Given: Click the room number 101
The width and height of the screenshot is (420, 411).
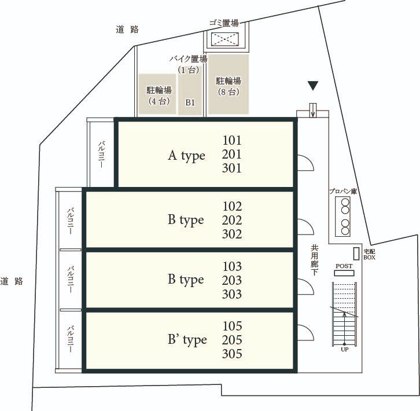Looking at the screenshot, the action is (232, 140).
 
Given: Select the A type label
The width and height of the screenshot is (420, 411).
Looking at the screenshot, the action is (186, 156).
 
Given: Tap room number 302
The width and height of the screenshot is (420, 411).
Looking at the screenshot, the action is (232, 234).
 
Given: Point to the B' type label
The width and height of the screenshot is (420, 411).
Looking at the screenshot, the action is (187, 340).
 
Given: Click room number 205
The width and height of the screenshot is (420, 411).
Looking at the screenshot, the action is (232, 340).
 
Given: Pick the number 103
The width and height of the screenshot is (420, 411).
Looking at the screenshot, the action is (232, 266).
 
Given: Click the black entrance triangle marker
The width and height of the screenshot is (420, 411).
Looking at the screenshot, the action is (313, 86).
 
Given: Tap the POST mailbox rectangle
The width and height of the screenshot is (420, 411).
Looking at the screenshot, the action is (344, 273).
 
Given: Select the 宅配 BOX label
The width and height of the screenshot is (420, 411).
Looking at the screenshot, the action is (369, 255).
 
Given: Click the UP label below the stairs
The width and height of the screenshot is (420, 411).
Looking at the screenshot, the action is (344, 350).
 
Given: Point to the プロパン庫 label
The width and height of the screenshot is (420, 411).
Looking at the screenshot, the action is (343, 192).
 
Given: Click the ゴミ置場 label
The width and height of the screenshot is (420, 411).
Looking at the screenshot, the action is (224, 23).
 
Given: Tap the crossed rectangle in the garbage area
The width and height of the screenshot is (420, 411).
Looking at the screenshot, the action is (224, 39).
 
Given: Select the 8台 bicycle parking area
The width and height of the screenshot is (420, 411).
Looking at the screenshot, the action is (229, 85).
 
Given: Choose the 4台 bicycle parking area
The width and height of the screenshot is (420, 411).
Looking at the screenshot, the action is (157, 94).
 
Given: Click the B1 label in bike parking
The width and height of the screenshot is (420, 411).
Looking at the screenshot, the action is (190, 102).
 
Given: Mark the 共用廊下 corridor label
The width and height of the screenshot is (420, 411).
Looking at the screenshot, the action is (315, 260).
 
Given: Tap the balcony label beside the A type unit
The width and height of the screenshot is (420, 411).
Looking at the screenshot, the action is (101, 155).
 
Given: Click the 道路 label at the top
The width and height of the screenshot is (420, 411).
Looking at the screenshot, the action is (127, 29).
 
